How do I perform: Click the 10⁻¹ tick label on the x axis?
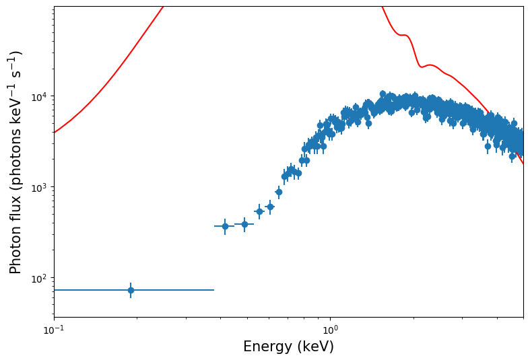(54, 330)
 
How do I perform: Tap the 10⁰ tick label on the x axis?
(330, 330)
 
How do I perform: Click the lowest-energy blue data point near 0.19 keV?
(131, 290)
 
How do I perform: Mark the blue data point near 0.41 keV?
(225, 226)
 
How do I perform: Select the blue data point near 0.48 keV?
(244, 224)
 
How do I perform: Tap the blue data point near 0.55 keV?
(259, 211)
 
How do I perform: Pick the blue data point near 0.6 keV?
(270, 207)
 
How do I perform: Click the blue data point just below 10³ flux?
(279, 192)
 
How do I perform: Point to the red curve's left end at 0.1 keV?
(55, 132)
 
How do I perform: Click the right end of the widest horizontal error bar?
(213, 290)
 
